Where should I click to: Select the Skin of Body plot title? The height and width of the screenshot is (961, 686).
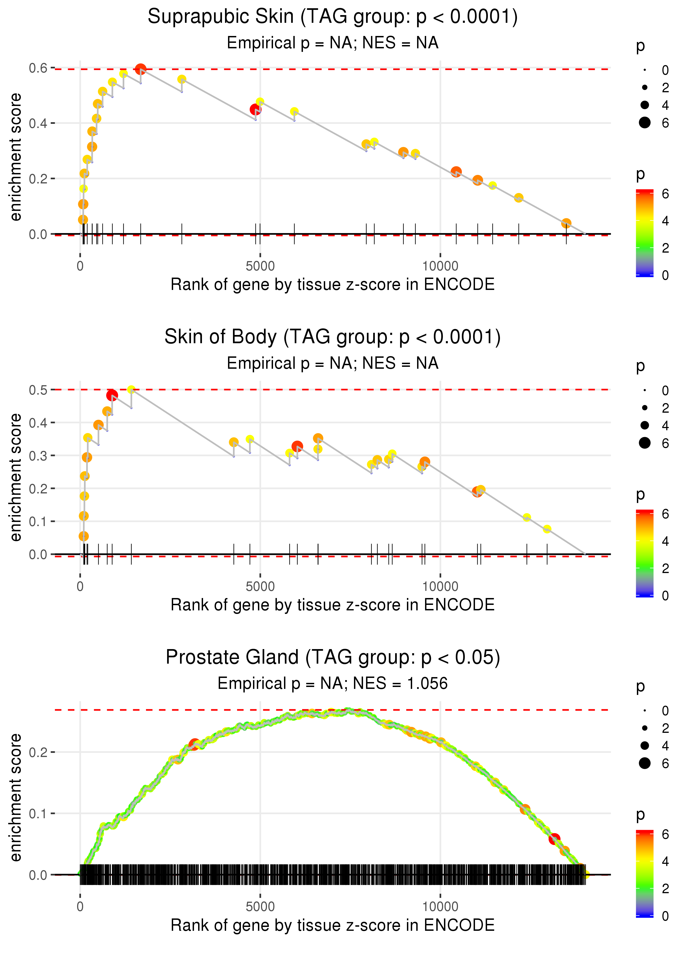[333, 337]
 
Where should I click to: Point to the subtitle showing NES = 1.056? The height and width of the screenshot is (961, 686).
[333, 683]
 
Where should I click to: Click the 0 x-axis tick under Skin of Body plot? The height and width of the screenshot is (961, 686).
[80, 586]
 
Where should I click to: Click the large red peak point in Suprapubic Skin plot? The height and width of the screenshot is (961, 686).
[141, 69]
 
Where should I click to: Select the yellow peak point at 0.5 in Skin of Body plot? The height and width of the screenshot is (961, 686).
[131, 389]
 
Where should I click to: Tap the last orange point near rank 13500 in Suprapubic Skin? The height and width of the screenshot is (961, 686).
[566, 223]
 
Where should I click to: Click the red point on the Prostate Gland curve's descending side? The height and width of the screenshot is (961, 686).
[554, 839]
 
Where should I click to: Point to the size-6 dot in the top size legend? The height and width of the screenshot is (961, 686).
[645, 122]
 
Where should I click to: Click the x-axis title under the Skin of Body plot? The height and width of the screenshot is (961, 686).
[333, 605]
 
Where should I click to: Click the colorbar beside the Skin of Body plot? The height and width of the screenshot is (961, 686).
[644, 553]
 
